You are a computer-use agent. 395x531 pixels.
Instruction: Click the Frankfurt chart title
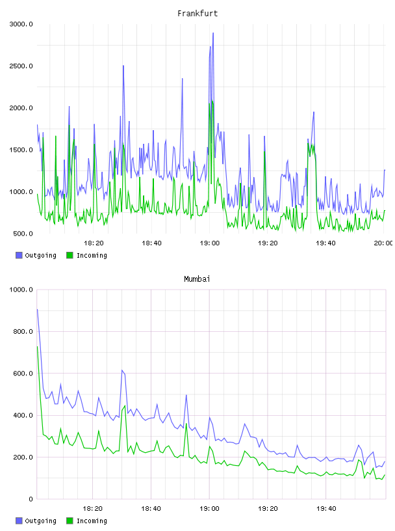coord(197,14)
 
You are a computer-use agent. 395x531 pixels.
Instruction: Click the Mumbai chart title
coord(197,279)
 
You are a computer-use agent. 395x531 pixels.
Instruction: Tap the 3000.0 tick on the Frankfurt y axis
coord(21,24)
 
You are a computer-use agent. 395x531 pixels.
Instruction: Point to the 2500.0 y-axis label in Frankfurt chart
coord(21,66)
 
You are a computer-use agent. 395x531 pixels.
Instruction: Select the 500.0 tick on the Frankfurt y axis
coord(23,234)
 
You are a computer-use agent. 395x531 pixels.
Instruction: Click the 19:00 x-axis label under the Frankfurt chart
coord(209,243)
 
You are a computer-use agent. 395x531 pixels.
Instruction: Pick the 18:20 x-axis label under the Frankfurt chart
coord(94,243)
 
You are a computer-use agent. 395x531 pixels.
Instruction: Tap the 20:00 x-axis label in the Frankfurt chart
coord(383,243)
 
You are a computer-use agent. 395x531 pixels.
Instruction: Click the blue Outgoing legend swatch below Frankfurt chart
coord(19,255)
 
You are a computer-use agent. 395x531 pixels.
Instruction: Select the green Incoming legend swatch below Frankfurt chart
coord(70,255)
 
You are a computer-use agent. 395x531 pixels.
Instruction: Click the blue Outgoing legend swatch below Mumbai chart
coord(19,521)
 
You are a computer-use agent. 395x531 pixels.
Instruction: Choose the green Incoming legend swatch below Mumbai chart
coord(70,521)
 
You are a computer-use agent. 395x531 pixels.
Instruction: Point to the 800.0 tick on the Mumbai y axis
coord(23,331)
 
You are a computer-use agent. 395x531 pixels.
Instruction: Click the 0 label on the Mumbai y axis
coord(31,499)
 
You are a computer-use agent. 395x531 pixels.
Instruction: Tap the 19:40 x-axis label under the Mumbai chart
coord(326,509)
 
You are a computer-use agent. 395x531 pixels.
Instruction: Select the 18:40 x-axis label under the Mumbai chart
coord(151,509)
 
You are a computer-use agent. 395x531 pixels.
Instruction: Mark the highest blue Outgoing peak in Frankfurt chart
coord(213,33)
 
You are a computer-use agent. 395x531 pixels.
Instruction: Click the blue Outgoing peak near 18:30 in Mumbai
coord(122,370)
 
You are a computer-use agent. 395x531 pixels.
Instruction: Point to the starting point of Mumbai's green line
coord(37,346)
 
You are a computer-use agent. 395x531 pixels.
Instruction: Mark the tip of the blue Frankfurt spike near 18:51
coord(183,79)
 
